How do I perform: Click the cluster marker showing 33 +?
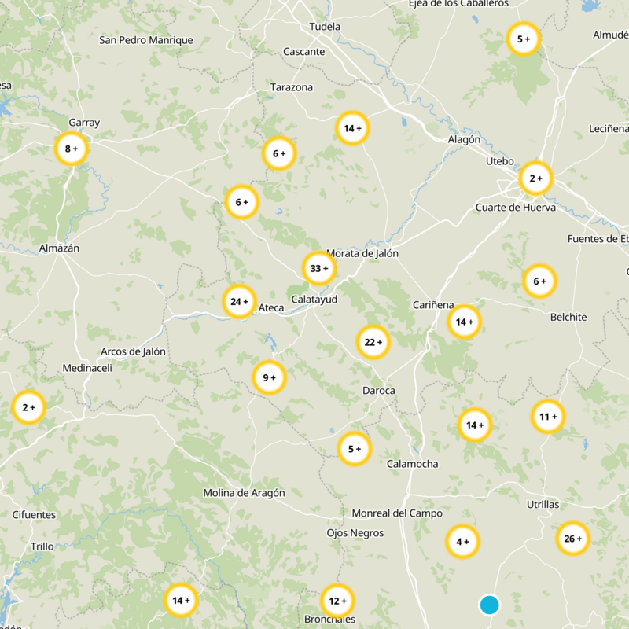pyautogui.click(x=319, y=268)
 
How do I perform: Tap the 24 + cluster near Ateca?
pyautogui.click(x=239, y=301)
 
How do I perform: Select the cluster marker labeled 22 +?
pyautogui.click(x=373, y=342)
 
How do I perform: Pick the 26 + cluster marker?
pyautogui.click(x=572, y=539)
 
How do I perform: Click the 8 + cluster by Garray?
pyautogui.click(x=72, y=149)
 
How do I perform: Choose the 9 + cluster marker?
pyautogui.click(x=269, y=378)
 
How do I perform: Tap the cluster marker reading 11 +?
pyautogui.click(x=548, y=417)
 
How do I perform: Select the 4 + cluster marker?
pyautogui.click(x=462, y=541)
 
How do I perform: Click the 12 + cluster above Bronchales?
pyautogui.click(x=337, y=601)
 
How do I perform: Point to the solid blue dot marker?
pyautogui.click(x=489, y=605)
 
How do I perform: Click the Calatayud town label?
pyautogui.click(x=314, y=300)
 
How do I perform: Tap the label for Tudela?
pyautogui.click(x=326, y=27)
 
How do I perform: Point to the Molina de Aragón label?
pyautogui.click(x=244, y=493)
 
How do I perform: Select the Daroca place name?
pyautogui.click(x=379, y=391)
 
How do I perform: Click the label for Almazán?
pyautogui.click(x=60, y=248)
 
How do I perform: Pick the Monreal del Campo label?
pyautogui.click(x=397, y=513)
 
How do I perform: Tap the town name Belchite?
pyautogui.click(x=568, y=317)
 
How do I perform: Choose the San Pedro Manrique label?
pyautogui.click(x=146, y=40)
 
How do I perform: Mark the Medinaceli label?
pyautogui.click(x=87, y=368)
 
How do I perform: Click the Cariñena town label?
pyautogui.click(x=434, y=304)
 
